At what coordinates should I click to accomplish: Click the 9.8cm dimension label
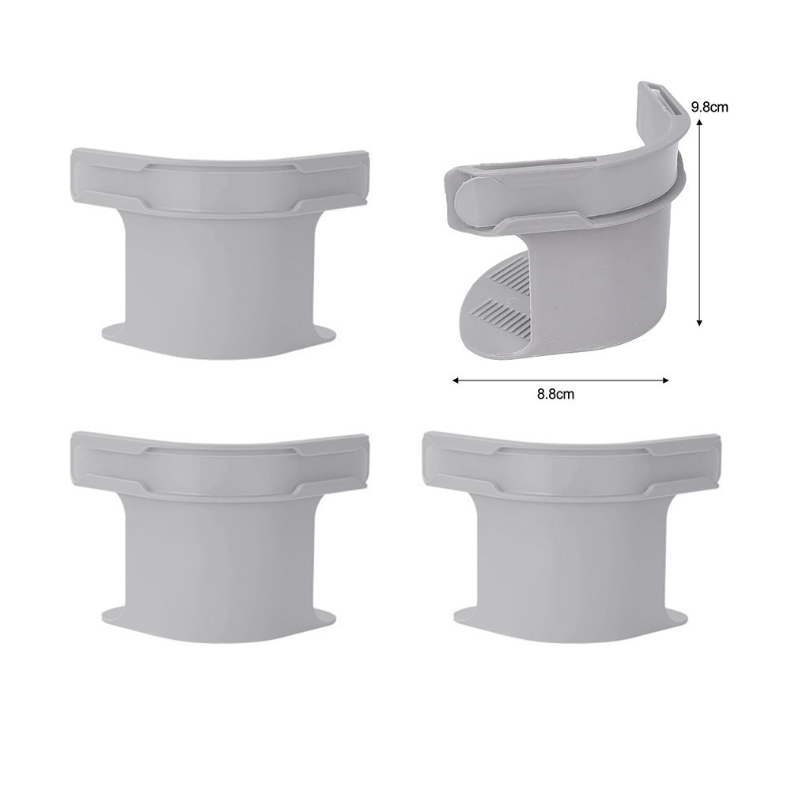click(x=710, y=107)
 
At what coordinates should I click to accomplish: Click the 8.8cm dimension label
click(x=555, y=394)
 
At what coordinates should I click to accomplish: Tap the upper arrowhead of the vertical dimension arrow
click(x=699, y=122)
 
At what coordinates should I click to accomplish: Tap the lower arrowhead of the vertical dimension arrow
click(x=699, y=323)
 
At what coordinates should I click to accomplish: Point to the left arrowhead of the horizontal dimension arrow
click(x=455, y=380)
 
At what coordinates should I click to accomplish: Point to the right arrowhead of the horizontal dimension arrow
click(x=665, y=380)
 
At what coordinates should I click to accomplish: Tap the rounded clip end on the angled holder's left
click(x=467, y=202)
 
